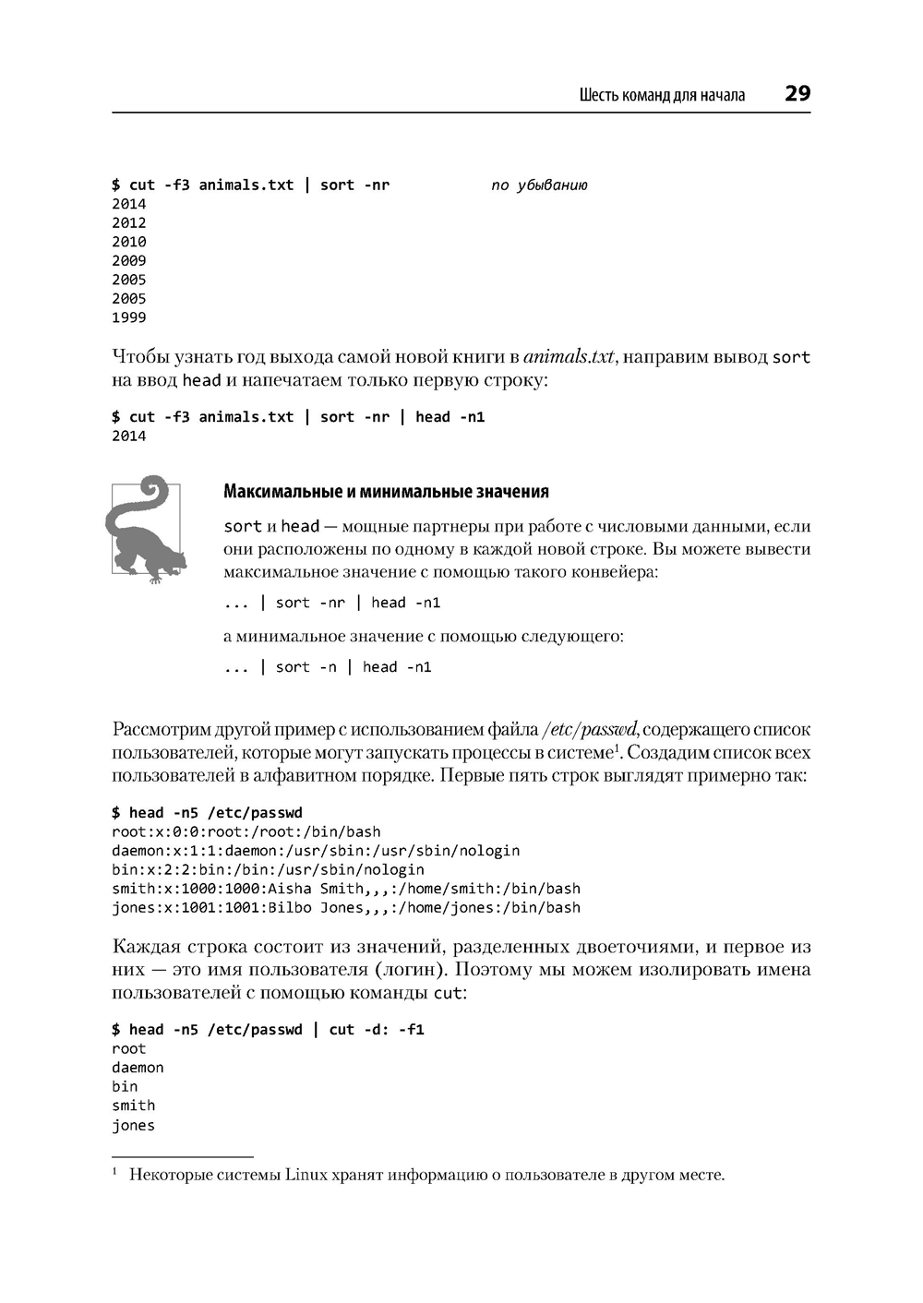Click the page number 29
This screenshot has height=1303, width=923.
tap(797, 93)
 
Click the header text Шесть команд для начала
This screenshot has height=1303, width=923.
tap(662, 95)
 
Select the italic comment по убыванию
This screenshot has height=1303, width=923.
tap(539, 185)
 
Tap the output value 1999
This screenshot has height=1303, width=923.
tap(129, 317)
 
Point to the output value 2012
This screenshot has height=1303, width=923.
tap(129, 222)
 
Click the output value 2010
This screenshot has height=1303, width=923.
tap(129, 242)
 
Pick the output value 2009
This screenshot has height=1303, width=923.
tap(129, 261)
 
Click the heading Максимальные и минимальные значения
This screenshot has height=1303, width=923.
tap(386, 491)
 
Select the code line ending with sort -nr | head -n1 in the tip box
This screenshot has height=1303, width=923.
tap(332, 603)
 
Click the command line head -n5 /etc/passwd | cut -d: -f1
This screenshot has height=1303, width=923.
tap(268, 1029)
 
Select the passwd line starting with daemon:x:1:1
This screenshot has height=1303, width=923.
tap(316, 851)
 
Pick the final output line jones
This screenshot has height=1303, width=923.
tap(134, 1125)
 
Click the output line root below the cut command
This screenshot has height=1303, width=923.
tap(129, 1048)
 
